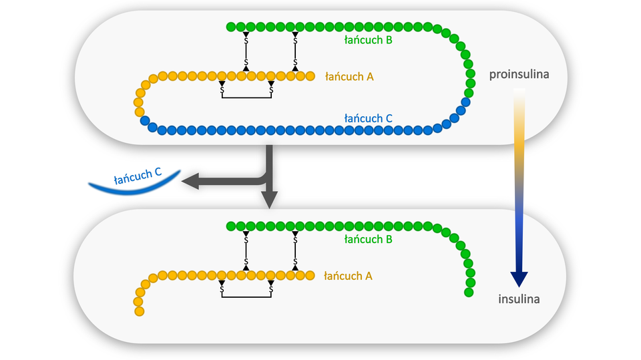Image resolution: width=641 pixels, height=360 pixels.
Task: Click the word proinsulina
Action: coord(519,74)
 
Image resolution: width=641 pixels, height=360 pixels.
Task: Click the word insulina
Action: coord(519,299)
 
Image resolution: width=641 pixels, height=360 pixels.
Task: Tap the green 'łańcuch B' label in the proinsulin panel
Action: coord(368,41)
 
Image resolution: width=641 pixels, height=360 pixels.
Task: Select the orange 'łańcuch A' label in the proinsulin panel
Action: coord(349,77)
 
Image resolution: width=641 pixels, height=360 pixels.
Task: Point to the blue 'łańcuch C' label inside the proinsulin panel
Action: coord(368,118)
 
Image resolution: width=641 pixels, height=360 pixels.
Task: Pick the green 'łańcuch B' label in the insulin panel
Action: coord(368,239)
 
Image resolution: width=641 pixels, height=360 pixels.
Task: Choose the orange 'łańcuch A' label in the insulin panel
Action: coord(348,276)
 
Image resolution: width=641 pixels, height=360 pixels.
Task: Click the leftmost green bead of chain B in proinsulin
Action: coord(231,27)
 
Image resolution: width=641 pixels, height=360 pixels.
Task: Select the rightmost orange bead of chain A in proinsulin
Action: coord(310,76)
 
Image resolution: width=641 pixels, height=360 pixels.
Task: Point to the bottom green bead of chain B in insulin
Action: coord(469,292)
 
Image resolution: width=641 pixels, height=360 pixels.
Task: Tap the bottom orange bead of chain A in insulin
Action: coord(138,311)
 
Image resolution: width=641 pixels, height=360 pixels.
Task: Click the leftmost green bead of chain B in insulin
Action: coord(231,226)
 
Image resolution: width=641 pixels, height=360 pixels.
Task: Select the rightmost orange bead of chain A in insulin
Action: coord(310,275)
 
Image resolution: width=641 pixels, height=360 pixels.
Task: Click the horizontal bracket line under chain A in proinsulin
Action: coord(246,98)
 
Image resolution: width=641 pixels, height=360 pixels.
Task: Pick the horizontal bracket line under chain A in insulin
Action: coord(246,297)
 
